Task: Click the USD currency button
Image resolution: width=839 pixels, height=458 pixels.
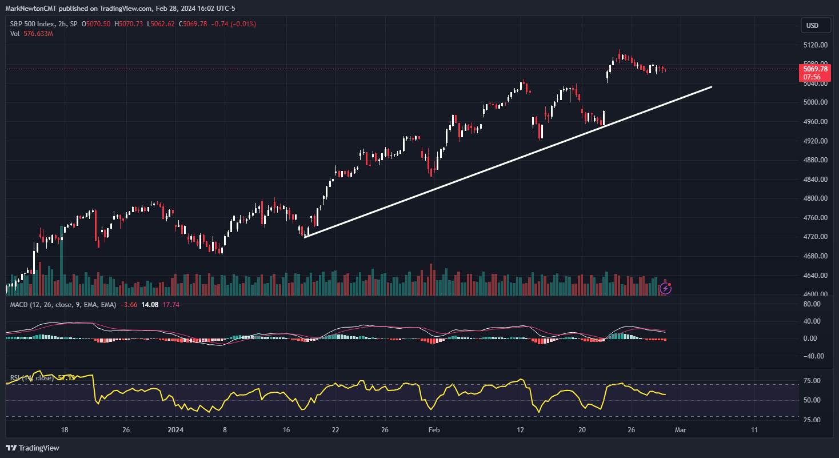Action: coord(812,25)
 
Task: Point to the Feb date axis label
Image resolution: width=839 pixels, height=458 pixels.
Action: coord(434,430)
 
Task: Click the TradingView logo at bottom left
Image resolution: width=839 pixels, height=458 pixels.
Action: coord(33,448)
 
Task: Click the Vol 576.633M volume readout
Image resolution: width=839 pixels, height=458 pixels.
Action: coord(31,34)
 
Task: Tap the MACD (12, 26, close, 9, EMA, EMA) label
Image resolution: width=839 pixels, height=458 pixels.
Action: coord(61,305)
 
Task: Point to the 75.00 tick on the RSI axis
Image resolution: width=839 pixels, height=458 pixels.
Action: coord(812,381)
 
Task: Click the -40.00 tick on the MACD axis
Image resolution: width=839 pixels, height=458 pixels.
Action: coord(812,356)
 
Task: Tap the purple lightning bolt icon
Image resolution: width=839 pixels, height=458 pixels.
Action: coord(665,288)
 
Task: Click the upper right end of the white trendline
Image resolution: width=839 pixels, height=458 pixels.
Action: coord(711,87)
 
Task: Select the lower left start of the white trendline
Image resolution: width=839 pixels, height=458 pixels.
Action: coord(305,237)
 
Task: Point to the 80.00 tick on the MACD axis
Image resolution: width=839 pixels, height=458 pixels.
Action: coord(812,304)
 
